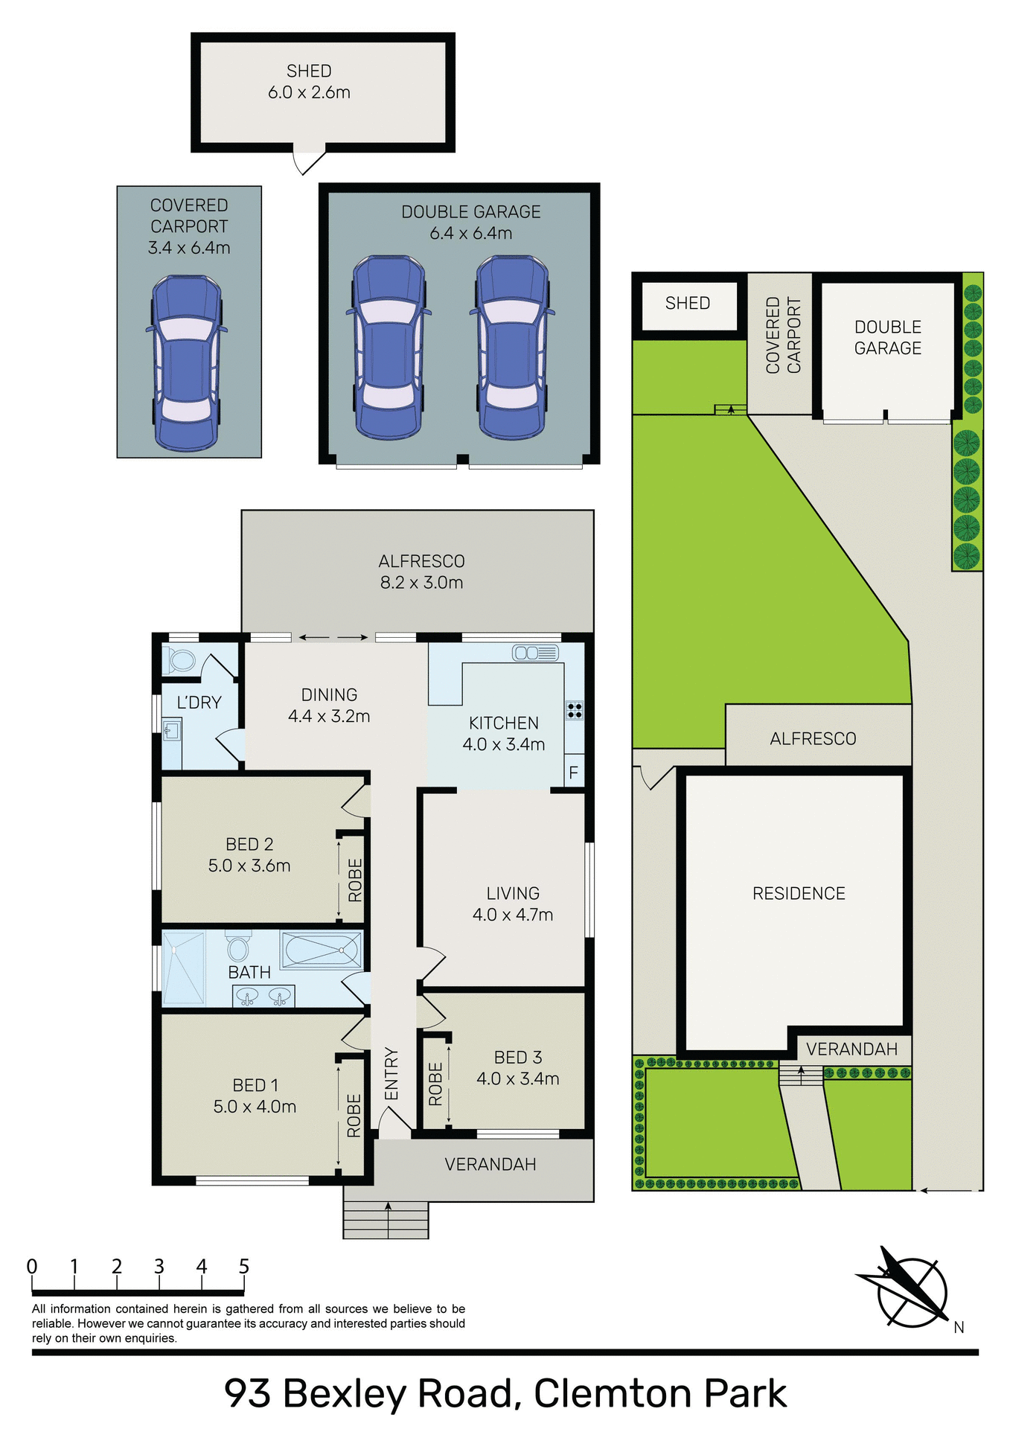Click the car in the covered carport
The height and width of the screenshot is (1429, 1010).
tap(187, 363)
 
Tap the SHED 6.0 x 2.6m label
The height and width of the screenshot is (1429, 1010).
tap(309, 82)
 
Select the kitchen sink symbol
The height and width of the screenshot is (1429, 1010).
tap(535, 653)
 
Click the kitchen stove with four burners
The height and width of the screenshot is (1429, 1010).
tap(575, 710)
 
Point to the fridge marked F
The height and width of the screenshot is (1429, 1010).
tap(574, 773)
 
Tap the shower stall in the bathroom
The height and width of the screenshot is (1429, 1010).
tap(183, 967)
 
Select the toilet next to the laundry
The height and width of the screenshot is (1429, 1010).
tap(181, 659)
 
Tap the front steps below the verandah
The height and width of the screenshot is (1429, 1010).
tap(386, 1220)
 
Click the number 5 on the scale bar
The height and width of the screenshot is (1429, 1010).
tap(244, 1266)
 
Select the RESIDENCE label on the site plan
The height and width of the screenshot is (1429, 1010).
tap(799, 893)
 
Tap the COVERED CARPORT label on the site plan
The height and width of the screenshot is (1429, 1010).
tap(783, 335)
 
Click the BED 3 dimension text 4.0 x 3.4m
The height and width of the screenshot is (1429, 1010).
tap(518, 1078)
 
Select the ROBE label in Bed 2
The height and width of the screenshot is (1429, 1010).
tap(355, 880)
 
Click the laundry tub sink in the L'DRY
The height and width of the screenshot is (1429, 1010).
tap(172, 729)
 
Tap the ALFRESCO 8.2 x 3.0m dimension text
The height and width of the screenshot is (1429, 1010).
tap(421, 583)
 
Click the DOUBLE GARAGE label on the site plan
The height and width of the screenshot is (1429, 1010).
tap(887, 337)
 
